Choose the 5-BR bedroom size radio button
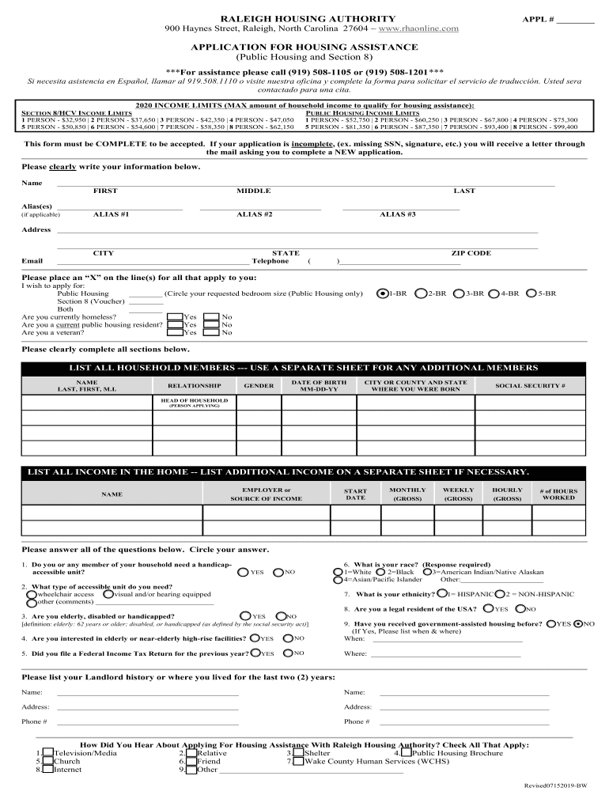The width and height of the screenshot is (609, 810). pos(531,293)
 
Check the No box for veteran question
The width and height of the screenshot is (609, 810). pos(211,332)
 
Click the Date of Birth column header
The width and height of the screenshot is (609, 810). pos(319,385)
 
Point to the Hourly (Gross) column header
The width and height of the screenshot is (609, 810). pos(507,494)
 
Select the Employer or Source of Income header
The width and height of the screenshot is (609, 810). pos(265,494)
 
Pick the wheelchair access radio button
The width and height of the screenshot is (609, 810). pos(32,594)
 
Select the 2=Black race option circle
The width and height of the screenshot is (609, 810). pos(380,572)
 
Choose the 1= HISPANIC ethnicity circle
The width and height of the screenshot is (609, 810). pos(441,594)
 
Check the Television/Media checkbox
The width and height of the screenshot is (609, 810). pos(47,753)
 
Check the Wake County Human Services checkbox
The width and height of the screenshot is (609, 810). pos(297,761)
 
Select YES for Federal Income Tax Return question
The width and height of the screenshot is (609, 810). pos(255,653)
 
